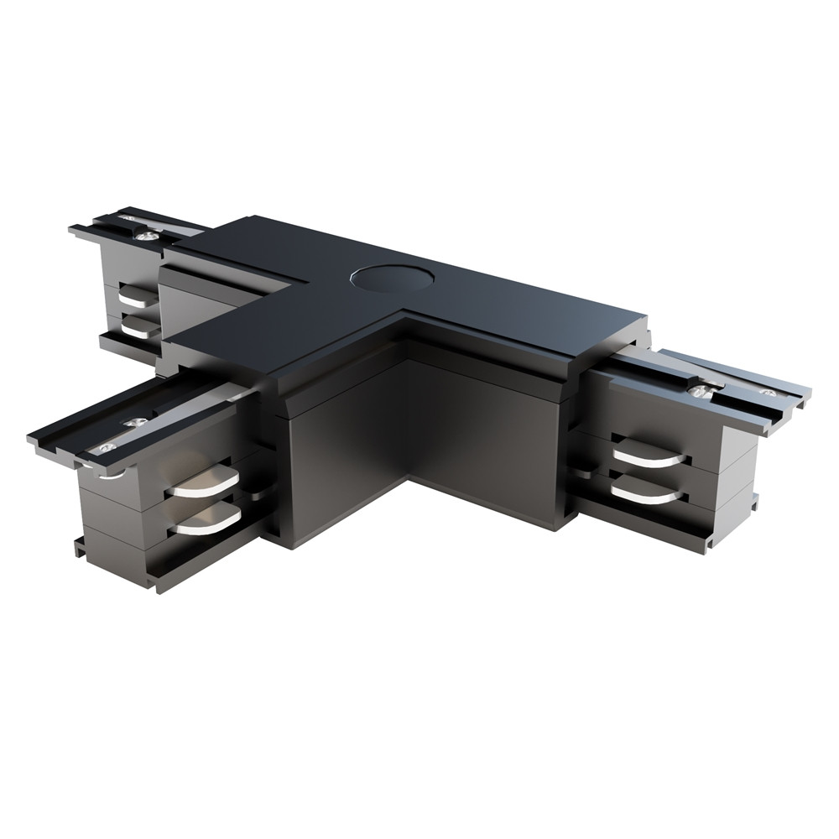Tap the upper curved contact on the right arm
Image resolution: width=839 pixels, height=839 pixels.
tap(646, 457)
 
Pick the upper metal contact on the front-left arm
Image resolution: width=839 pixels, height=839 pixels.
tap(204, 485)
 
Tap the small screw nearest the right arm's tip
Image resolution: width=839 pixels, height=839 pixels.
tap(766, 392)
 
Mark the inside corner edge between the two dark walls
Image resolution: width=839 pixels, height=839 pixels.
tap(408, 419)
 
